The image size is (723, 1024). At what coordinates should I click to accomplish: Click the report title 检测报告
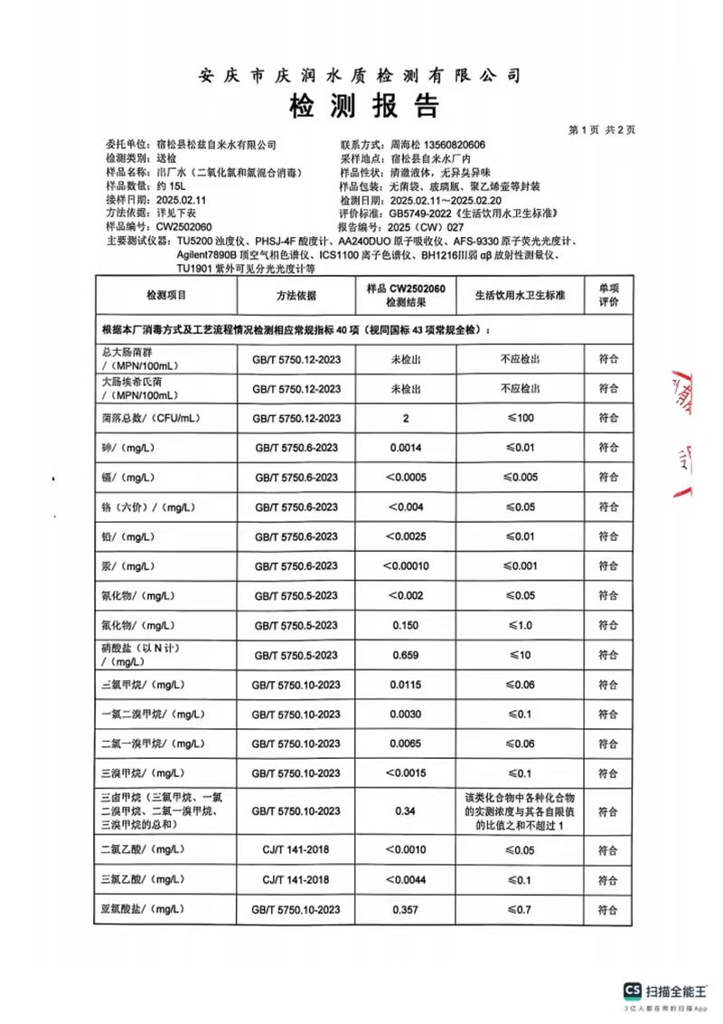pos(362,107)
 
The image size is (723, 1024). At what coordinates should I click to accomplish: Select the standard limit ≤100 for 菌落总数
pos(520,418)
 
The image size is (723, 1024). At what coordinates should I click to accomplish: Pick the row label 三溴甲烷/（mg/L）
pos(145,773)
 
